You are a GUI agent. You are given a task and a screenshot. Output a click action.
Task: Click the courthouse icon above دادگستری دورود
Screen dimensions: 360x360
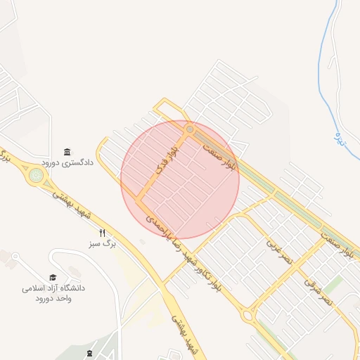click(x=67, y=152)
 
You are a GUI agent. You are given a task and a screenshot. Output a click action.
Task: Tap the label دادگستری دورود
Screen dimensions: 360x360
click(x=67, y=162)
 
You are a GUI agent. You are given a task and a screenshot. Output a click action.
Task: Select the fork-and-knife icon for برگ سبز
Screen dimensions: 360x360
click(x=103, y=233)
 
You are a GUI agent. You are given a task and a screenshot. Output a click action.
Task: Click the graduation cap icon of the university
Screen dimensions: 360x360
click(x=53, y=277)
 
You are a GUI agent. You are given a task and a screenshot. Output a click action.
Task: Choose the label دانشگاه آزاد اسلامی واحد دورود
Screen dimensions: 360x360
click(x=53, y=293)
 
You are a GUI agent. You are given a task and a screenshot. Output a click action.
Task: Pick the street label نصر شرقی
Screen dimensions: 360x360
click(x=316, y=289)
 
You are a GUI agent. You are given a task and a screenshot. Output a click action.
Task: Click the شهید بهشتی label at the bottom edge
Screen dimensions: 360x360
click(x=180, y=336)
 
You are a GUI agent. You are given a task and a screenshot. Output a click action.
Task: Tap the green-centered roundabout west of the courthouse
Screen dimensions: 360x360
click(x=34, y=176)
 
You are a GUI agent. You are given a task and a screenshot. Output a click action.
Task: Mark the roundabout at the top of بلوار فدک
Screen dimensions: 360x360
click(x=189, y=130)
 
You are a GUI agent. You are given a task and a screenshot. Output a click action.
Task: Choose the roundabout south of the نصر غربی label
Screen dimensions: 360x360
click(x=248, y=316)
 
